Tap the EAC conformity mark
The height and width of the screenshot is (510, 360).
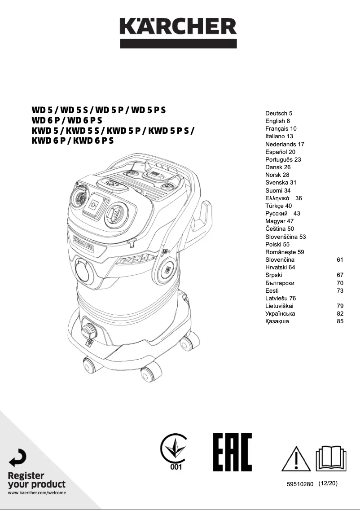[x=232, y=452]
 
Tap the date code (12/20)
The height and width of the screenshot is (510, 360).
[x=328, y=484]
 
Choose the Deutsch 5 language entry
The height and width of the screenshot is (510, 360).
[x=279, y=114]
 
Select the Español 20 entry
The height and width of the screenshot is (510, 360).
[x=280, y=152]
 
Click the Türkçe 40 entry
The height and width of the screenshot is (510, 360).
[x=278, y=206]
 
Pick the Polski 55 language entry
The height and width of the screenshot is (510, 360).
[x=277, y=244]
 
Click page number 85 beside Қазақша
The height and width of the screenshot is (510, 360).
[x=340, y=321]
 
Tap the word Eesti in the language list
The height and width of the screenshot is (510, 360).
[x=272, y=290]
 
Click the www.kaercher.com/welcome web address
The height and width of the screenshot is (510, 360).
[x=37, y=493]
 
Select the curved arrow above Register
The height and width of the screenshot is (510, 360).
[x=18, y=457]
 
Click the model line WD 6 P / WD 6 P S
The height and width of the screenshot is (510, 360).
[x=67, y=120]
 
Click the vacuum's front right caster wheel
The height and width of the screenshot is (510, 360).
[x=150, y=372]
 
